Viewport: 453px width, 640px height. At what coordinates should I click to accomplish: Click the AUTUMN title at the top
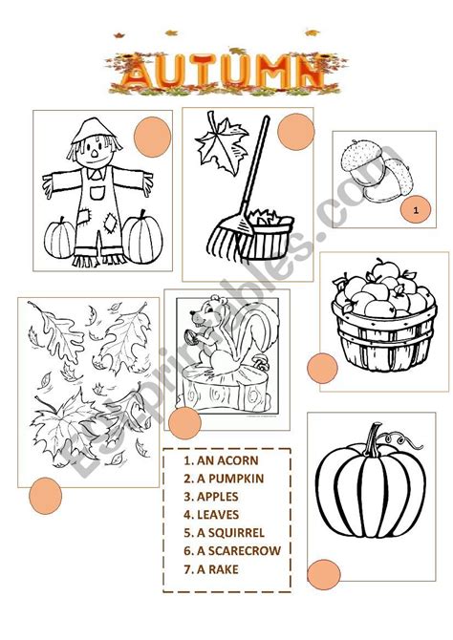coord(224,73)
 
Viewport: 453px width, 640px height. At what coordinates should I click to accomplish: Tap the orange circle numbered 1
coord(416,210)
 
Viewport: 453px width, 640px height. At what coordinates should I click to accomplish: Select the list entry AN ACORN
coord(221,460)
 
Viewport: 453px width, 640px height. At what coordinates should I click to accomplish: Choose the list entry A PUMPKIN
coord(224,479)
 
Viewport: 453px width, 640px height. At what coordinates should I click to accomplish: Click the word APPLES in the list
coord(217,497)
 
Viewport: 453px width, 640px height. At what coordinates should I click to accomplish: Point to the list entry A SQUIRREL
coord(224,533)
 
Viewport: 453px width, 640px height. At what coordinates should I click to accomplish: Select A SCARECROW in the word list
coord(232,550)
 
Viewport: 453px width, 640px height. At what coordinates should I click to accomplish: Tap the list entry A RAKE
coord(211,569)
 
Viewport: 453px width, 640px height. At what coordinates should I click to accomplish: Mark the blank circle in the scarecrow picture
coord(152,137)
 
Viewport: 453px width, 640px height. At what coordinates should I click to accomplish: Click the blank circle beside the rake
coord(295,132)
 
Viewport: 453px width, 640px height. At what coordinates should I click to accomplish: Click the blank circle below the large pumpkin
coord(324,575)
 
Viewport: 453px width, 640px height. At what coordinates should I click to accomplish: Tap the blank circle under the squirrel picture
coord(184,423)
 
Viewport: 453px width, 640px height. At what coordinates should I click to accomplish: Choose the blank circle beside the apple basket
coord(322,368)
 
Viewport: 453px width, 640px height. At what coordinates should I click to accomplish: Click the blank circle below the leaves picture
coord(45,496)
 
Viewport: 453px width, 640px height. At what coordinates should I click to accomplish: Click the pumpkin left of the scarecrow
coord(59,239)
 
